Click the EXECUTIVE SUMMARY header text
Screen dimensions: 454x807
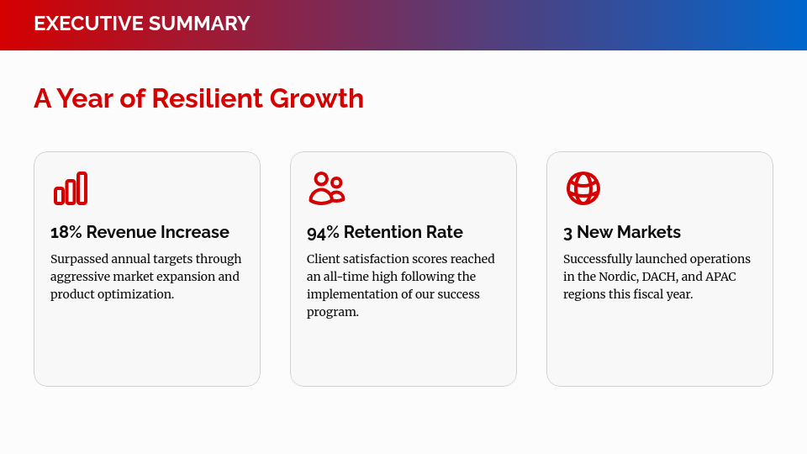point(141,24)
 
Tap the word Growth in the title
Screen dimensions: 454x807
point(317,98)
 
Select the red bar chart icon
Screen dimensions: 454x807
point(71,188)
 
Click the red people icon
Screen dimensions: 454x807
point(326,188)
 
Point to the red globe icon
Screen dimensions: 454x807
point(583,188)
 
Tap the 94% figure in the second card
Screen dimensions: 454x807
point(323,232)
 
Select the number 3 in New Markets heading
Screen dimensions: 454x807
point(567,232)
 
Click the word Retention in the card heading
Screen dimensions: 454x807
point(379,232)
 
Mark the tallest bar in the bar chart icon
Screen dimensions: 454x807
point(82,188)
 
